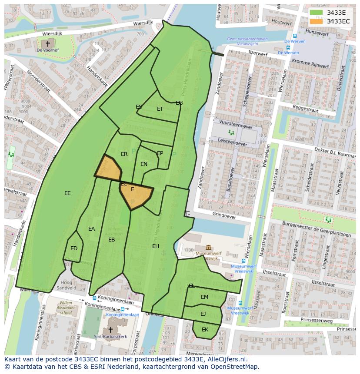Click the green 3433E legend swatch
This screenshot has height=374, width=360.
(x=316, y=13)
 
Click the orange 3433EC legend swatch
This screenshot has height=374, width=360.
(x=316, y=21)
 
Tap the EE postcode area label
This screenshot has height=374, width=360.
(x=67, y=193)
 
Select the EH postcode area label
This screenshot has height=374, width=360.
(x=156, y=246)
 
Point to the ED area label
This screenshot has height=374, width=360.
(x=74, y=248)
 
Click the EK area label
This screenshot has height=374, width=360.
(x=205, y=330)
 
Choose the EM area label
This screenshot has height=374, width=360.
(x=204, y=297)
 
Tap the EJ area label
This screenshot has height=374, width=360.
(x=203, y=314)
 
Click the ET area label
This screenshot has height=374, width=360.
(x=160, y=109)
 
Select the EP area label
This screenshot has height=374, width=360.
(x=160, y=153)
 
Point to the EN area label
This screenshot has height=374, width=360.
(x=144, y=164)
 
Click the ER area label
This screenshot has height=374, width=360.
(x=124, y=154)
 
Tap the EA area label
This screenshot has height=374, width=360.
(x=91, y=229)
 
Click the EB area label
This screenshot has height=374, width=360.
(x=112, y=240)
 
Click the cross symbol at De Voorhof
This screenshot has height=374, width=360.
(x=48, y=43)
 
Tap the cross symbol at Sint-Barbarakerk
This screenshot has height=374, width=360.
(x=110, y=330)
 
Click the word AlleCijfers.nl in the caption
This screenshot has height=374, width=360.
(x=225, y=360)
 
